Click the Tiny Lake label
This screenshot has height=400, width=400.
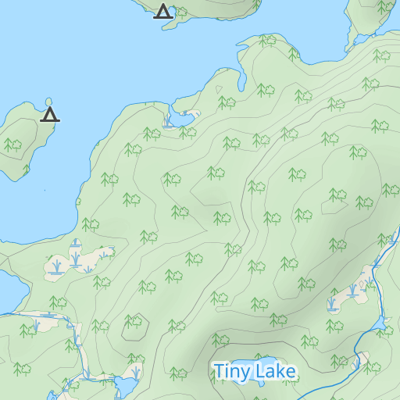[255, 372]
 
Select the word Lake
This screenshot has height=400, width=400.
[274, 372]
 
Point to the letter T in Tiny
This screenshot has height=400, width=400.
[220, 371]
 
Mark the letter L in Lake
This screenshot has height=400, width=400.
[259, 371]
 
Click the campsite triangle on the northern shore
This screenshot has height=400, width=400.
[162, 12]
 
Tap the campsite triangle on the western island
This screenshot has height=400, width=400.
[50, 116]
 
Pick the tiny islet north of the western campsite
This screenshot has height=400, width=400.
[49, 102]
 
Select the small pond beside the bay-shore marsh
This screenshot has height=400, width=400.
[185, 119]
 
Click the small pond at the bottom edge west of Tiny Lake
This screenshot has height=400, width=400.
[125, 386]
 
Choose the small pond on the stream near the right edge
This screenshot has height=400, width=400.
[379, 323]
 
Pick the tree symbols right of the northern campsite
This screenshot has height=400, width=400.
[181, 12]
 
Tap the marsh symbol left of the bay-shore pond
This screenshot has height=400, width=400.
[168, 122]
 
